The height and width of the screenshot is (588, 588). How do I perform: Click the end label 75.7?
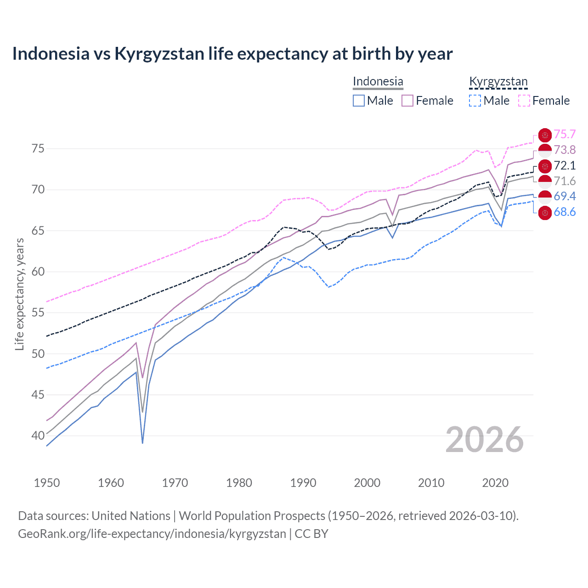(564, 135)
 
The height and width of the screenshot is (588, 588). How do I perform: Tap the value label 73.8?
(564, 150)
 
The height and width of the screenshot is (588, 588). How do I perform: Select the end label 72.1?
(564, 166)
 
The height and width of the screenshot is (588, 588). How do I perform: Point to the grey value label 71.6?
(564, 181)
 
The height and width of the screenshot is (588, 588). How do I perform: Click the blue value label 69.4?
(564, 197)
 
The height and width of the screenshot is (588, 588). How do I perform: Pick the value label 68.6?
(564, 212)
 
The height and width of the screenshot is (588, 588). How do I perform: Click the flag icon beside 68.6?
(544, 213)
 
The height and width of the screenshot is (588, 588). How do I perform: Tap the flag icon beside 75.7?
(544, 135)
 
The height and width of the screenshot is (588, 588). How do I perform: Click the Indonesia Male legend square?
(359, 101)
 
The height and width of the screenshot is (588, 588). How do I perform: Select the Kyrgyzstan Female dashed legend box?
(524, 101)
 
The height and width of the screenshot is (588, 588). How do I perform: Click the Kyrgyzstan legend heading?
(498, 82)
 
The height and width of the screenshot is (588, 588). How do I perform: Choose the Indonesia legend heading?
(378, 82)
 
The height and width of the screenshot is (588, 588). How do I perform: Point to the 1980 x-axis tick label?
(239, 483)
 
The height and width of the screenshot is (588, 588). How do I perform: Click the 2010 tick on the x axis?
(431, 483)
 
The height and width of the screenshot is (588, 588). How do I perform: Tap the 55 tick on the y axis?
(38, 313)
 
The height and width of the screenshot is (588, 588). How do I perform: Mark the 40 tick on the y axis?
(38, 435)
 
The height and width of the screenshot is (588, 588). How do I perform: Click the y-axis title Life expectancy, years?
(19, 294)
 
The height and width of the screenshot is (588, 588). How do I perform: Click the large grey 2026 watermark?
(484, 440)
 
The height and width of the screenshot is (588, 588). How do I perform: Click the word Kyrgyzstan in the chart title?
(159, 54)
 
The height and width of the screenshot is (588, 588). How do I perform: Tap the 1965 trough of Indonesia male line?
(143, 442)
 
